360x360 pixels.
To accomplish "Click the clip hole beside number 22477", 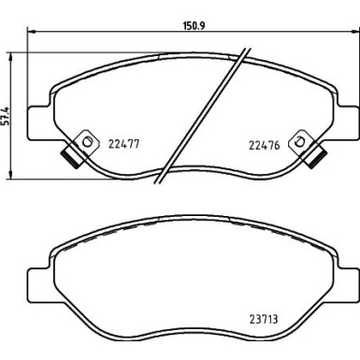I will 89,142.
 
